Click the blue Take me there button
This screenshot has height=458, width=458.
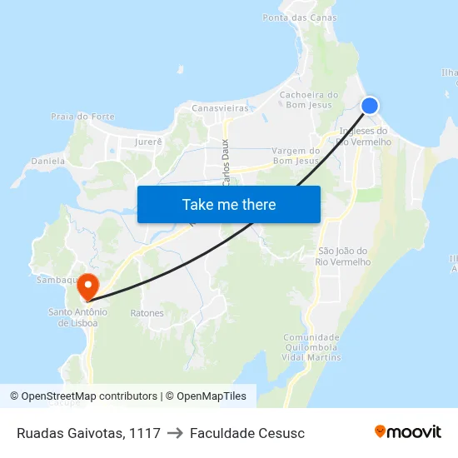229,204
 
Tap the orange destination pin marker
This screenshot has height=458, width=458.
87,285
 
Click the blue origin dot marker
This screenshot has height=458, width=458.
370,105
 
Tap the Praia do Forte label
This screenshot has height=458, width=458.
82,117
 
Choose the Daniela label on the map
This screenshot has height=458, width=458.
48,160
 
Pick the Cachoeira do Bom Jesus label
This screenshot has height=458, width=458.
309,100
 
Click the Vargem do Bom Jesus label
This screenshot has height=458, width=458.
296,156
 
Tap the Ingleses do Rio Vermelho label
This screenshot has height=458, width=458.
363,137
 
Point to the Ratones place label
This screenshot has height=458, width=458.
147,313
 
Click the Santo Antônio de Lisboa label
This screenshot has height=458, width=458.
77,317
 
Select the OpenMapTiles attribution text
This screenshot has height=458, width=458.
206,396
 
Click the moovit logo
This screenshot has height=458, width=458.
407,432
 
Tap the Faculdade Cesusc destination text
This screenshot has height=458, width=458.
247,433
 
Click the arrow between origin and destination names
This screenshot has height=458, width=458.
175,433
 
